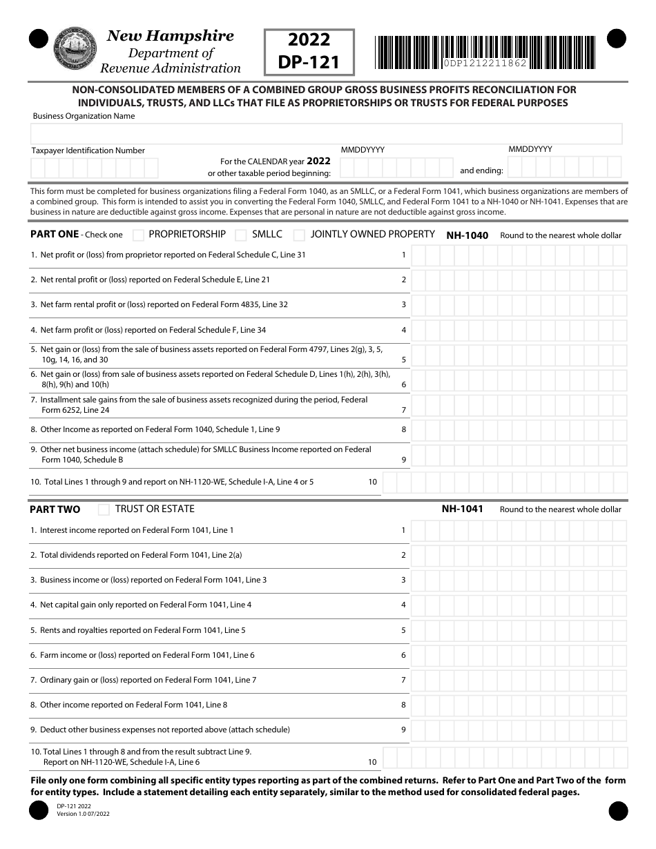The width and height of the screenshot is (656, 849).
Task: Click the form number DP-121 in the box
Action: point(309,62)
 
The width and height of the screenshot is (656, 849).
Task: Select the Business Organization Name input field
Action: point(327,133)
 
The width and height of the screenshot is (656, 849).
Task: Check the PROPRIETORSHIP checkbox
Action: point(138,235)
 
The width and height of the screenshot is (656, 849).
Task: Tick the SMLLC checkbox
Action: point(241,235)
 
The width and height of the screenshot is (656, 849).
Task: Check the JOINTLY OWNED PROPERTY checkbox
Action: point(300,235)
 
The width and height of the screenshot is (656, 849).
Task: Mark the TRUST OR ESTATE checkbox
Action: point(104,509)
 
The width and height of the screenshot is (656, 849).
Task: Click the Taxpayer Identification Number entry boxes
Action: point(95,168)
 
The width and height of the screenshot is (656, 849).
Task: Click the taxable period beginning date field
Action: point(396,167)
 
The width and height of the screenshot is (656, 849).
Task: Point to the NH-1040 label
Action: point(467,235)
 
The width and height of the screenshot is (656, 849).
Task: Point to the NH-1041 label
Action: point(462,509)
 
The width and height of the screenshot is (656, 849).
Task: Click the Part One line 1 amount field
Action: point(519,255)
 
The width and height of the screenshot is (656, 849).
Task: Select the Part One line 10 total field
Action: point(505,482)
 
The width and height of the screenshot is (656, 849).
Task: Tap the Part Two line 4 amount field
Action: point(519,605)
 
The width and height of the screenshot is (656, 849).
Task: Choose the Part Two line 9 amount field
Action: point(519,730)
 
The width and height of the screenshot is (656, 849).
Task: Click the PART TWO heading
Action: point(55,509)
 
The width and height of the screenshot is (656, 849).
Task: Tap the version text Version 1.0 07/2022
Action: point(83,814)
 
